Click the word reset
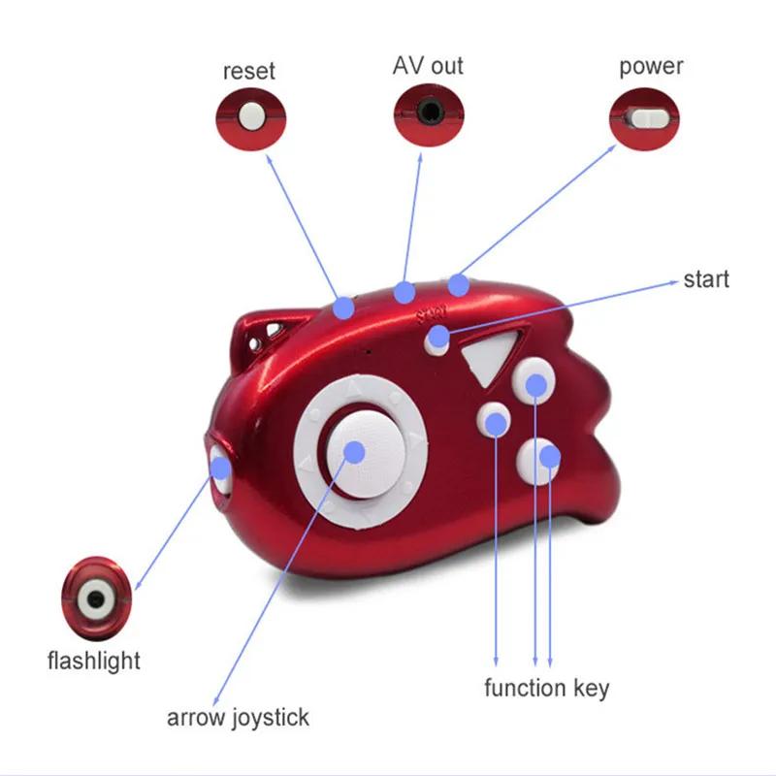249,71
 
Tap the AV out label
428,65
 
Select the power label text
651,66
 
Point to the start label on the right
706,279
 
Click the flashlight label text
94,662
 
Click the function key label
547,689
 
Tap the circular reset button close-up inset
251,118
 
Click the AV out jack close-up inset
429,114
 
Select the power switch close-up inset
644,118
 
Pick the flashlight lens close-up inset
96,598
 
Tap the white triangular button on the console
490,355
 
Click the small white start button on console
436,340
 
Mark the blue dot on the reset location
343,308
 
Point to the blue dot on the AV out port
404,293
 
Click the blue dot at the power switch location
459,285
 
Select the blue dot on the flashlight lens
221,469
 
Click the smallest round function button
494,419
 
